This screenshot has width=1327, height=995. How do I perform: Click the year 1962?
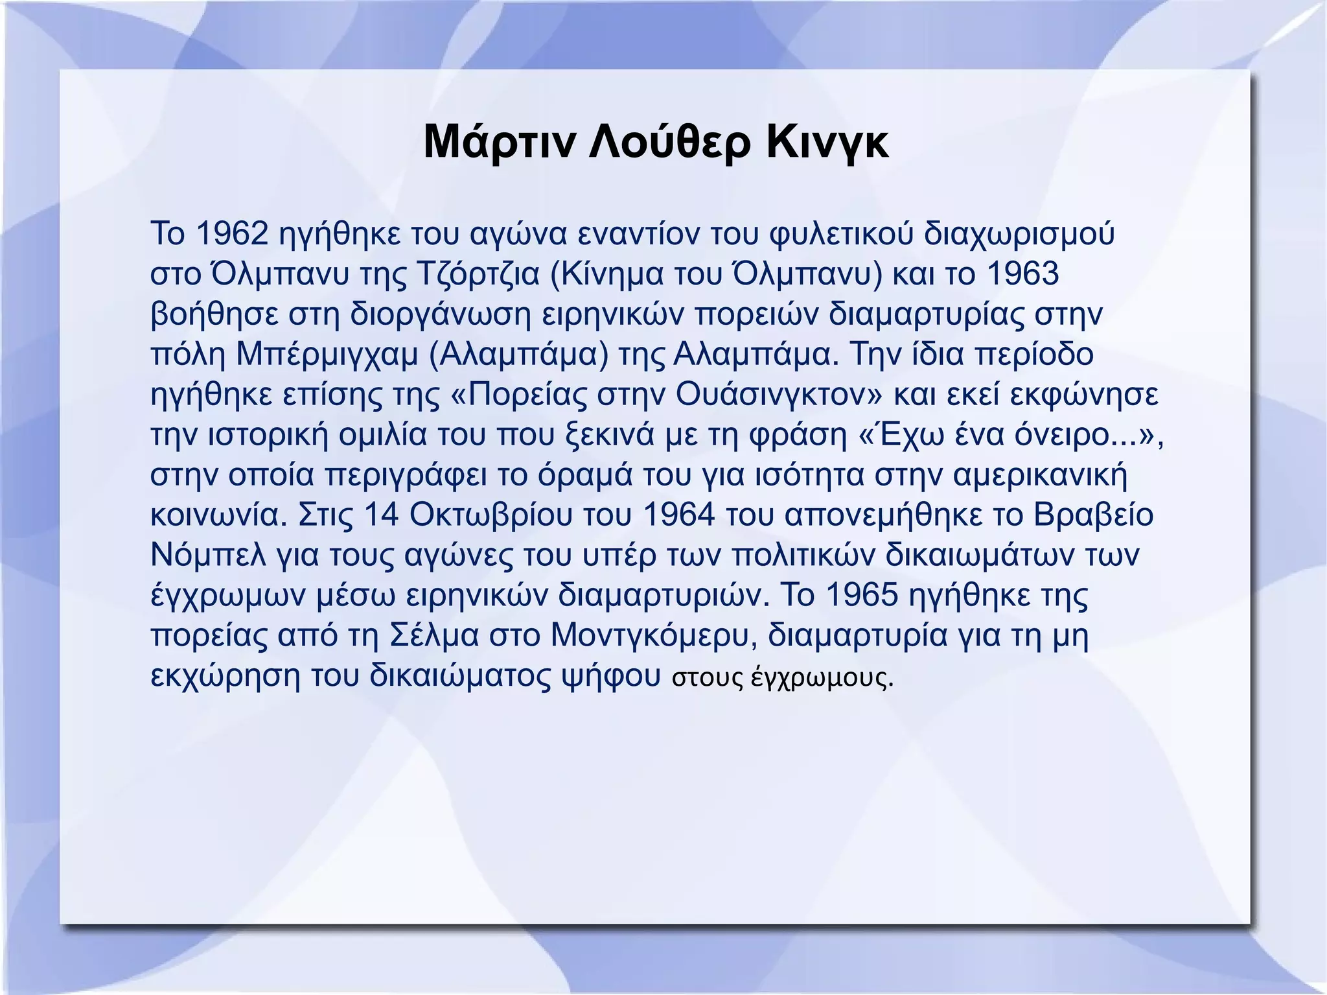click(x=231, y=233)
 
